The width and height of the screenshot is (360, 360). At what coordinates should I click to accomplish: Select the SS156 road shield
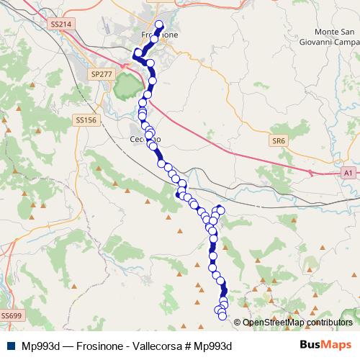tap(85, 120)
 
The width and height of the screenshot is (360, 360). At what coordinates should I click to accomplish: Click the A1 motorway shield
tap(348, 173)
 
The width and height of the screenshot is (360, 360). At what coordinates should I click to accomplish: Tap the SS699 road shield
tap(12, 315)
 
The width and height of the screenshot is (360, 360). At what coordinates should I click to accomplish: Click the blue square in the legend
tap(9, 346)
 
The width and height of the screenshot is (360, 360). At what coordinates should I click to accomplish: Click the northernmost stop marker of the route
tap(159, 24)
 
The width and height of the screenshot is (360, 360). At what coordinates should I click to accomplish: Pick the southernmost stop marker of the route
tap(222, 316)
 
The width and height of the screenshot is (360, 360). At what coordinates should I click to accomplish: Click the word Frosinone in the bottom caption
tap(102, 346)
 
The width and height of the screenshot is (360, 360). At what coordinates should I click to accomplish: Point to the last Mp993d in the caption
tap(215, 346)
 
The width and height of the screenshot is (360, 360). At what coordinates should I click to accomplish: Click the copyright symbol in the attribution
tap(238, 322)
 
